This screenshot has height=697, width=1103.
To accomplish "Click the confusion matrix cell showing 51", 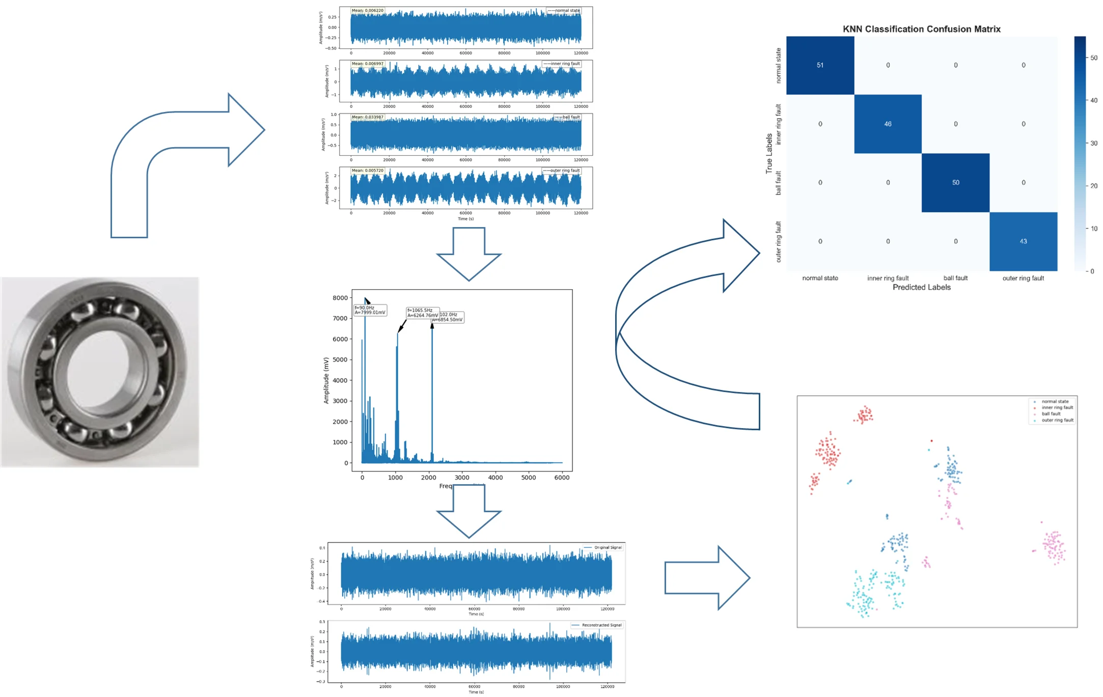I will (x=820, y=65).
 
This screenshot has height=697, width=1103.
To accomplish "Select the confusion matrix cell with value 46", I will (x=888, y=124).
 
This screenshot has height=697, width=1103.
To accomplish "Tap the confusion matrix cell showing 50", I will (x=955, y=182).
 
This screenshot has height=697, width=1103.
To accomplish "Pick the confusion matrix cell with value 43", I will (x=1023, y=241).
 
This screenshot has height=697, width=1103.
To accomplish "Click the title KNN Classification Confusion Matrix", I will (x=921, y=29).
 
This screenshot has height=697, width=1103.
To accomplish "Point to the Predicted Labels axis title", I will (x=921, y=287).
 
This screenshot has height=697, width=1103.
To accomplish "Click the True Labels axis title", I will (x=769, y=153).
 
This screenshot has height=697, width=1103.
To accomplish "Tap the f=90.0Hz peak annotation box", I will (x=370, y=310).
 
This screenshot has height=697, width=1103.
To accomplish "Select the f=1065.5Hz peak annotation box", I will (x=422, y=313).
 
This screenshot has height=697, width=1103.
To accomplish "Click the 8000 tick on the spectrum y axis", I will (x=340, y=298).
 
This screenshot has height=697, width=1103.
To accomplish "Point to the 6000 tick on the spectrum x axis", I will (x=562, y=478).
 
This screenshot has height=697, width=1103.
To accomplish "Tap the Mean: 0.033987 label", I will (x=368, y=117).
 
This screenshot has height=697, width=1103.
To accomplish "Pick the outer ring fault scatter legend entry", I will (x=1057, y=421).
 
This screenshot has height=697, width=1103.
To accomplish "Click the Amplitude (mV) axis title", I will (x=326, y=380).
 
